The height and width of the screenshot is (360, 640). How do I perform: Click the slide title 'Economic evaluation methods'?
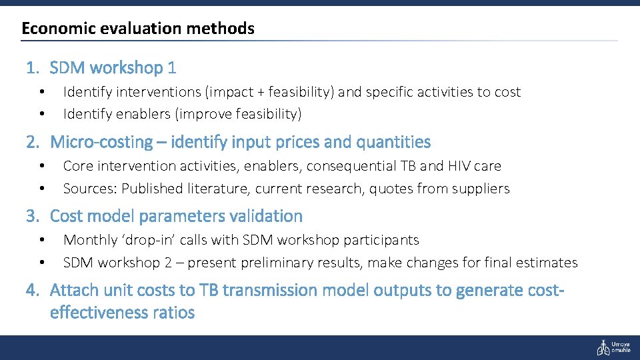[138, 29]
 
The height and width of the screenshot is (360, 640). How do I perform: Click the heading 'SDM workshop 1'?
[113, 67]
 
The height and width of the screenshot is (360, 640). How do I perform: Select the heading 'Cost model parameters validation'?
[176, 216]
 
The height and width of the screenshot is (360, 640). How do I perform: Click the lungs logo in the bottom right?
[603, 347]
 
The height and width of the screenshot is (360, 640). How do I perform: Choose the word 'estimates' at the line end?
[548, 263]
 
